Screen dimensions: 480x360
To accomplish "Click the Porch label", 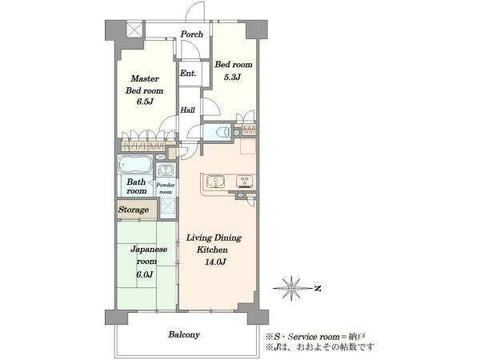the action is (x=192, y=34).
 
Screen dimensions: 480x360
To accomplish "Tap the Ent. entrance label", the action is (x=188, y=74).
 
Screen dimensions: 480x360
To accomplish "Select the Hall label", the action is (x=187, y=110).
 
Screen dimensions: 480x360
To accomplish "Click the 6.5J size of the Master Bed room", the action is (x=145, y=102).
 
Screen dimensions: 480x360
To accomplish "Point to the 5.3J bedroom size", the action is (x=232, y=77).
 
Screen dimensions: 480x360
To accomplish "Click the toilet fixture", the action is (x=223, y=132).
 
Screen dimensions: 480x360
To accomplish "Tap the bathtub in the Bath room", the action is (x=135, y=164).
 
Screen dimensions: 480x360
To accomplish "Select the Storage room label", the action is (x=134, y=210).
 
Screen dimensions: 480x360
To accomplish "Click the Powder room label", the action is (x=166, y=188).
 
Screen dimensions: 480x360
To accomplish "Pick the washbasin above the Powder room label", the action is (x=166, y=170).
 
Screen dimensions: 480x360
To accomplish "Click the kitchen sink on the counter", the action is (x=216, y=182).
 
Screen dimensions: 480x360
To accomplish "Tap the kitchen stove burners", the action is (x=245, y=182).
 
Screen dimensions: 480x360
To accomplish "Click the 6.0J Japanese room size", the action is (x=145, y=274).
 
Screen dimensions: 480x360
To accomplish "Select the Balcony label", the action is (x=184, y=334).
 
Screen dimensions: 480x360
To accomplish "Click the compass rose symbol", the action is (x=291, y=288).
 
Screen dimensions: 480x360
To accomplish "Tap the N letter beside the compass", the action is (x=318, y=288).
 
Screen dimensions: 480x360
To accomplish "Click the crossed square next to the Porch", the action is (x=135, y=29).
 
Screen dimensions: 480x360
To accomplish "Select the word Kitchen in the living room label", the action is (x=212, y=250).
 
